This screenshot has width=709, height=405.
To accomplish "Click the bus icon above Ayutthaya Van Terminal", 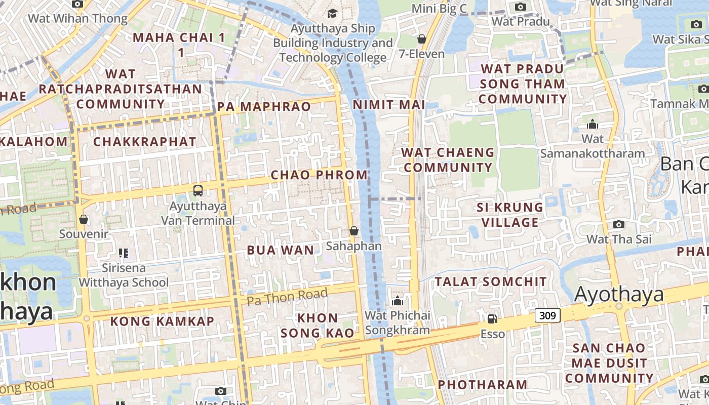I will point(198,191).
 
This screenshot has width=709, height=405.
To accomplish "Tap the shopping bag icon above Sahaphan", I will point(354,231).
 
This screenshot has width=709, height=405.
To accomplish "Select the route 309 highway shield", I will point(547,315).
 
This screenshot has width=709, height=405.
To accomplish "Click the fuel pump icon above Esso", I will point(492,318).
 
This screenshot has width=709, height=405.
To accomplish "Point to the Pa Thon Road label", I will point(287,296).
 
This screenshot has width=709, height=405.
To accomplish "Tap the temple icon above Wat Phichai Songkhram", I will point(398,301).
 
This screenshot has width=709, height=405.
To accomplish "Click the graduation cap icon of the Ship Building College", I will point(332,13).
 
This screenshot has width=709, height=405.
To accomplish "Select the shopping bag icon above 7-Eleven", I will point(421,39).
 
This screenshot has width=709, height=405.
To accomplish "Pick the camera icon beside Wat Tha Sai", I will point(618,224).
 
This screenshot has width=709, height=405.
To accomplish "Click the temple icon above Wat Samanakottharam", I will point(593,124).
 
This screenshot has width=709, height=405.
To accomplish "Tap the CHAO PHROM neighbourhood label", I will point(319,175).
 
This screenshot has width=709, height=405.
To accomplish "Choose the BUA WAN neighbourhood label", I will point(280,250).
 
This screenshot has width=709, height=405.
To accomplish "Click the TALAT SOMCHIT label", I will point(491,281).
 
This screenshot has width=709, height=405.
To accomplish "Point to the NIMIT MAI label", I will point(389,105).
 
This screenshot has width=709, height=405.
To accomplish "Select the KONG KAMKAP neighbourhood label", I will point(162,321).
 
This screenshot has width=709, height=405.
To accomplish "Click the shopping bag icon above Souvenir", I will point(84,219).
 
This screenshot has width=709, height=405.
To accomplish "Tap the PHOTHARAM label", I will point(482,384).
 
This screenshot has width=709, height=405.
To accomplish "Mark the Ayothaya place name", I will point(619,294).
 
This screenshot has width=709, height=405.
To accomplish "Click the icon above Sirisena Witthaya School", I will point(124,253).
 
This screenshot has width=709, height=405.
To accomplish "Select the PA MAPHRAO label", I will point(264,106).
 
